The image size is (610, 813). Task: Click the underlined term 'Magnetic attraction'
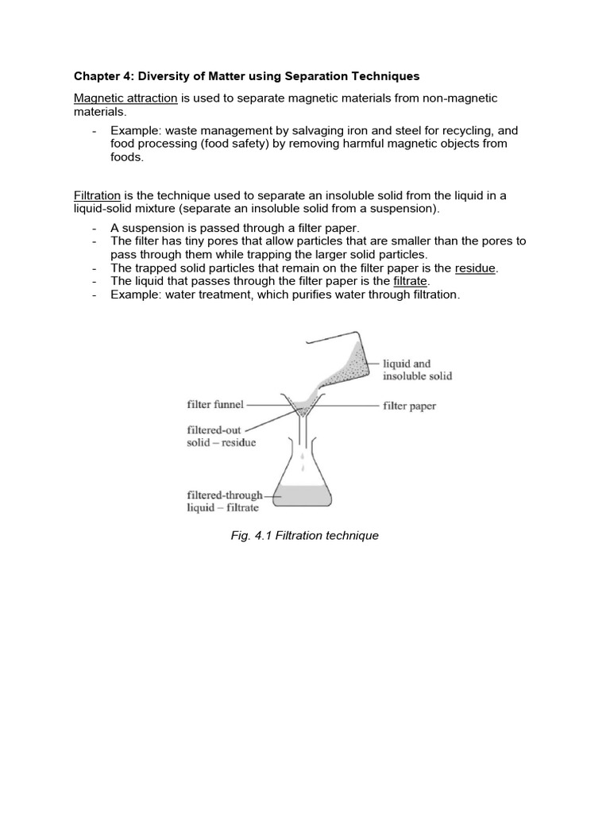tap(125, 98)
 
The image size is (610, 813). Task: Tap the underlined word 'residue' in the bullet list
tap(475, 268)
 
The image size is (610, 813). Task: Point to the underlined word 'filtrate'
tap(411, 281)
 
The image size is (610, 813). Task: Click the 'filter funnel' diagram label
tap(215, 404)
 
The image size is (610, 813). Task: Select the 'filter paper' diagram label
tap(409, 406)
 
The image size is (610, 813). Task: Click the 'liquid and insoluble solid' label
tap(417, 369)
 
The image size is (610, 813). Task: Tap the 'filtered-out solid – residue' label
tap(221, 436)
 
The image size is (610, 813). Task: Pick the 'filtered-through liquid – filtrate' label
tap(224, 501)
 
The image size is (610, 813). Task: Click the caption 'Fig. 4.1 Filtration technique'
tap(304, 535)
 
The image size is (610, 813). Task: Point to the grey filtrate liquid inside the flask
tap(303, 496)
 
